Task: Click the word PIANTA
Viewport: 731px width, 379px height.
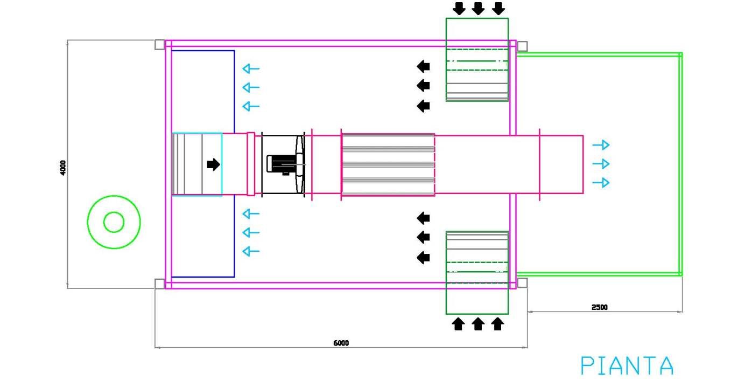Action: tap(627, 366)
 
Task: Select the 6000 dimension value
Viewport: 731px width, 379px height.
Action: tap(341, 343)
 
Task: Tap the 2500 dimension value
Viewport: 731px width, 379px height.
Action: tap(599, 307)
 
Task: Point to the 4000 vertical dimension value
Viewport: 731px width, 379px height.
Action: tap(63, 167)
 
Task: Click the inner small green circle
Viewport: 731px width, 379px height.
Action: tap(114, 222)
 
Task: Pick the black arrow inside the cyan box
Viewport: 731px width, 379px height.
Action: tap(214, 164)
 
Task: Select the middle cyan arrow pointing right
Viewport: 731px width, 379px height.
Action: tap(601, 163)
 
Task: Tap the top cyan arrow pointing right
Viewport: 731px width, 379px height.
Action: tap(601, 144)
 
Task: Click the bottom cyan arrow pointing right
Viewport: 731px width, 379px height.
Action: tap(601, 183)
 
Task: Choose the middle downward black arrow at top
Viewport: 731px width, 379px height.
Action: tap(478, 9)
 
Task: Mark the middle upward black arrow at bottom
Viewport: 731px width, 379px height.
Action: tap(478, 323)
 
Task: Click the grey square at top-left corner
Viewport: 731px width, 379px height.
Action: tap(159, 45)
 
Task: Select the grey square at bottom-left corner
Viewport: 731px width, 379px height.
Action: tap(159, 284)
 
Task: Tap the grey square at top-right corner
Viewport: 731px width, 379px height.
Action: tap(522, 46)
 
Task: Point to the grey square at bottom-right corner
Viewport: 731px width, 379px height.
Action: tap(522, 282)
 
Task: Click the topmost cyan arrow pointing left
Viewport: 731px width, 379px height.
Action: tap(251, 68)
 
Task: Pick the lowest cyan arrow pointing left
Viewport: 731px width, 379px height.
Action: tap(251, 251)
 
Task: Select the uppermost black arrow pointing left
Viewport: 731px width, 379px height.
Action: tap(424, 66)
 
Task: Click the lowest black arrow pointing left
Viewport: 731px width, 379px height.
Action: tap(424, 258)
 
